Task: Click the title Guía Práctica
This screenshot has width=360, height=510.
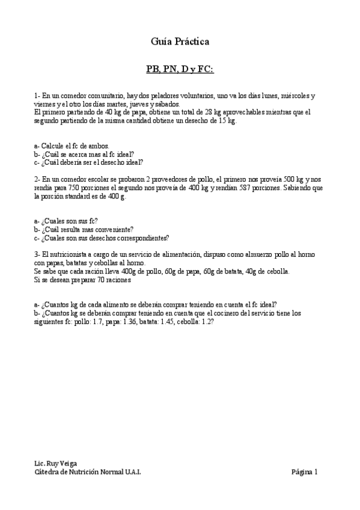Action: (180, 41)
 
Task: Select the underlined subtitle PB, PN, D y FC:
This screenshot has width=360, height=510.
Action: (180, 69)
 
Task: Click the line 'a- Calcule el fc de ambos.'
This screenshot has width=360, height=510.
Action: (72, 146)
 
